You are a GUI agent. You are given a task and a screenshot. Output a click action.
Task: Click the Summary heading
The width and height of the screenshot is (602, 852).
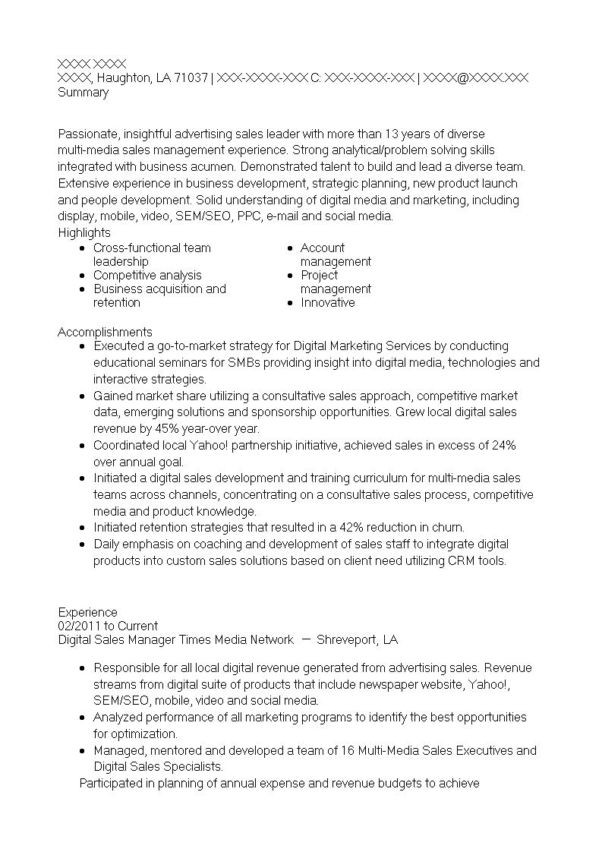[x=83, y=93]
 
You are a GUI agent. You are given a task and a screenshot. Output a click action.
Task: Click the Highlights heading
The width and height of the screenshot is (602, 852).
[x=84, y=232]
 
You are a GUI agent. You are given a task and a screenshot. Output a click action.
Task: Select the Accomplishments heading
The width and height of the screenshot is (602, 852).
[x=105, y=332]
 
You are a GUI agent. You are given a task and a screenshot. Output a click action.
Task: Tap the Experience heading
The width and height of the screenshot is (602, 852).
[x=87, y=612]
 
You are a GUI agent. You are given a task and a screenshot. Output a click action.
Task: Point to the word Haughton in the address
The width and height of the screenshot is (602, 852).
[x=124, y=77]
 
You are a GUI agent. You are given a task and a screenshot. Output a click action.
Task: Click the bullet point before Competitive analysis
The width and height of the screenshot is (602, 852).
[x=82, y=276]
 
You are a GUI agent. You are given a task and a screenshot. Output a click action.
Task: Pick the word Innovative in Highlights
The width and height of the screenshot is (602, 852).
[x=327, y=302]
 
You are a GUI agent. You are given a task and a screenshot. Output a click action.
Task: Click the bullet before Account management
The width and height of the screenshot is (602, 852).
[x=289, y=248]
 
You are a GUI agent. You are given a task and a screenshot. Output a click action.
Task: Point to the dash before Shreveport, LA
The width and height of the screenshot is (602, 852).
[x=306, y=639]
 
